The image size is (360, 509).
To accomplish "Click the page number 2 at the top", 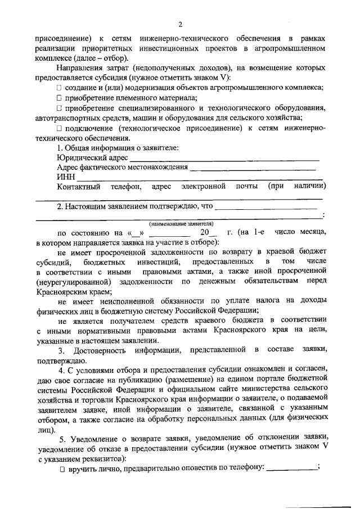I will coord(180,24).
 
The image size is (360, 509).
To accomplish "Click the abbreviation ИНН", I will coord(65,177).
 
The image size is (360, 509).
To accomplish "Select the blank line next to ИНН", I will coord(197,179).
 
